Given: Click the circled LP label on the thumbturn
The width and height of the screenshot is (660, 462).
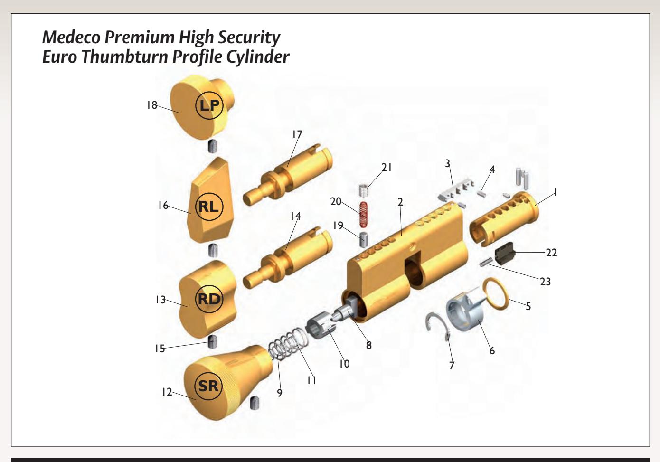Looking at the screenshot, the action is [209, 105].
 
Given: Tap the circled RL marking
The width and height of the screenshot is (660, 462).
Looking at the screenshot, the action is [209, 207].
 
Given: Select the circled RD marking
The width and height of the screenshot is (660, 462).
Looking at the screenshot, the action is [209, 299].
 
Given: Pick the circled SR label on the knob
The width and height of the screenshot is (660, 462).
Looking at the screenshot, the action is [208, 386].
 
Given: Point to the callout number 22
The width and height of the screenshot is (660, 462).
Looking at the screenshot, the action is [551, 253].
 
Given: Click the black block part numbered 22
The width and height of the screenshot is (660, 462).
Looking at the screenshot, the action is [505, 254].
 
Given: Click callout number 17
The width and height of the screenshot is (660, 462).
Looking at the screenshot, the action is [297, 135].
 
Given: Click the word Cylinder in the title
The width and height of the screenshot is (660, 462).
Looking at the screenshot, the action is [258, 57].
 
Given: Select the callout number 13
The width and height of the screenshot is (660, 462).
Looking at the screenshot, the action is [160, 300].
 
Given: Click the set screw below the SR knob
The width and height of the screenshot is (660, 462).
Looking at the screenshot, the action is [255, 403].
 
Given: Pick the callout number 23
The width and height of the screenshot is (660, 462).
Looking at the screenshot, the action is [545, 282].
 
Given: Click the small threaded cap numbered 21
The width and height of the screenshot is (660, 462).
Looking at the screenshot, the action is [364, 190].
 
